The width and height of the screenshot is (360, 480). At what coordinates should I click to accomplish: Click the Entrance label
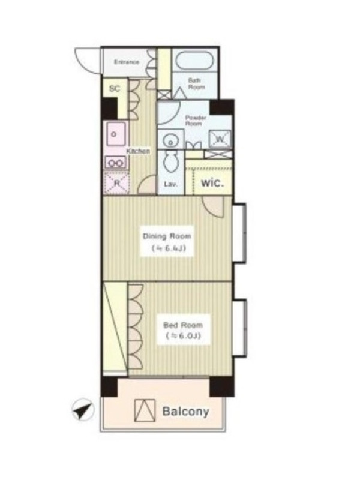click(x=127, y=62)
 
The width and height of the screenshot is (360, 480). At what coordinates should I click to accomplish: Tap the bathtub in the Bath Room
click(x=194, y=61)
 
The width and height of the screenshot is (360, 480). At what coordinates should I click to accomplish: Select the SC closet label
click(x=115, y=89)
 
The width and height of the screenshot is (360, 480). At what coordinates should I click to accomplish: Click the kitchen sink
click(x=116, y=134)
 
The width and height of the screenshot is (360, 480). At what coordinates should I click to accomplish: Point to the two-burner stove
click(x=115, y=162)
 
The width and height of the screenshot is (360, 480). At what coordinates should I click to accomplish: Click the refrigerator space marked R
click(x=116, y=183)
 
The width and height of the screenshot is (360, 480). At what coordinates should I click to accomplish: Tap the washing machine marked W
click(x=220, y=140)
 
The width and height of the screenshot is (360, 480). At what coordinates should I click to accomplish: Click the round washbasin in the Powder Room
click(x=170, y=142)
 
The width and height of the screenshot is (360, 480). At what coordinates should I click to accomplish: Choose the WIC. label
click(x=212, y=183)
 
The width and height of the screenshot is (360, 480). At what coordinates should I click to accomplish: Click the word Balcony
click(x=185, y=412)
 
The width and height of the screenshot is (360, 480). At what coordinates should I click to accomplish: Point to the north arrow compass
click(x=83, y=409)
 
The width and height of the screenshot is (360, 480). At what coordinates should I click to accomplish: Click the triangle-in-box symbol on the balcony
click(x=145, y=410)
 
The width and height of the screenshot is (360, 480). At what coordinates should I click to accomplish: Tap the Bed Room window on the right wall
click(x=239, y=328)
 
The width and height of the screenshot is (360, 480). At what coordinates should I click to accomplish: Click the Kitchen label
click(x=139, y=151)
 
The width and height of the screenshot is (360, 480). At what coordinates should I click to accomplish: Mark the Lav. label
click(x=171, y=184)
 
